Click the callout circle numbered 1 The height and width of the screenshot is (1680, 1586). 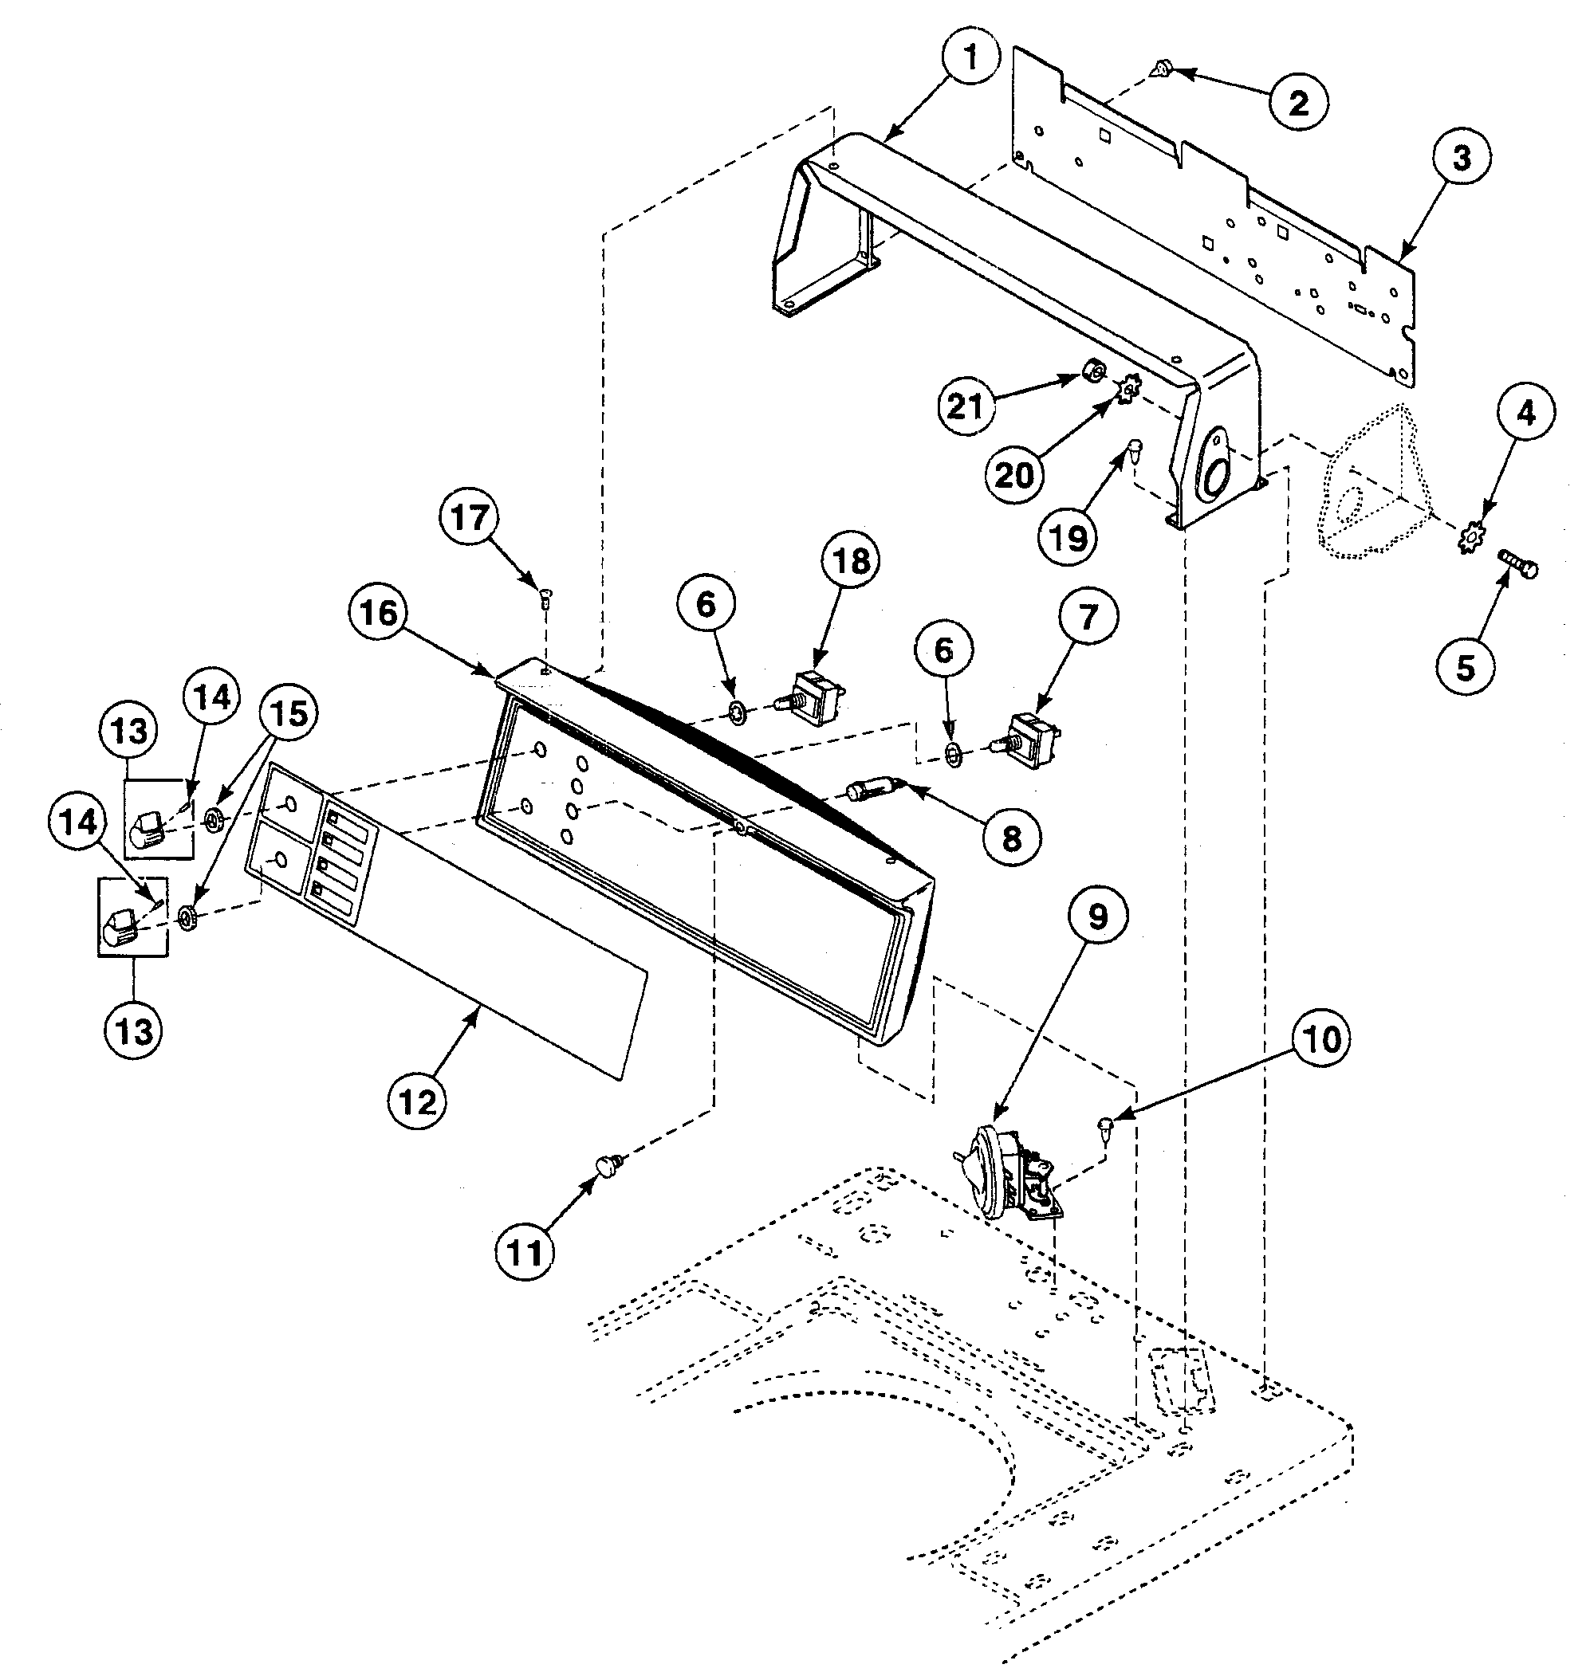[x=970, y=58]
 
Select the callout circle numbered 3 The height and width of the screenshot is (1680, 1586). [x=1462, y=159]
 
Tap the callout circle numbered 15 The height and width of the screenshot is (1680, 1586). [x=289, y=715]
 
